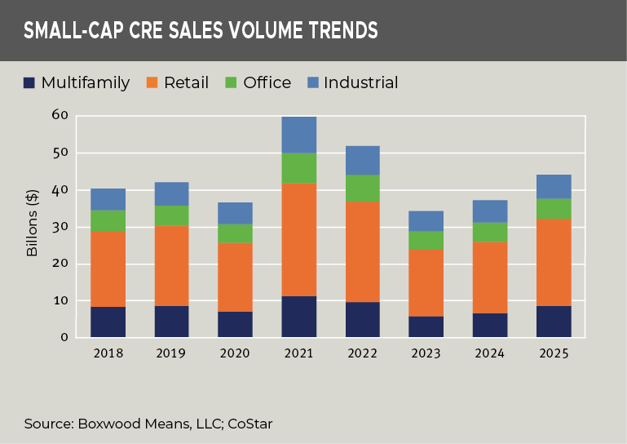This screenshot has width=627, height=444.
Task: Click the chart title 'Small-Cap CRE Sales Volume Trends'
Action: [x=201, y=31]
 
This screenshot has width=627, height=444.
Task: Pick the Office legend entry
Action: [x=258, y=82]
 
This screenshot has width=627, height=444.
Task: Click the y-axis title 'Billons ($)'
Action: [x=33, y=226]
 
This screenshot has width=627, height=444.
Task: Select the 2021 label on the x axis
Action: [x=298, y=353]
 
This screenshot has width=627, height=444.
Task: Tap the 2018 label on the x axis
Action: [x=108, y=353]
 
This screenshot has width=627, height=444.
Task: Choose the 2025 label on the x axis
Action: [x=554, y=353]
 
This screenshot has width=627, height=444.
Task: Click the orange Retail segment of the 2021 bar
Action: [x=298, y=240]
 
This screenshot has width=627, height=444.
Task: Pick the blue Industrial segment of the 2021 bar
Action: [x=298, y=135]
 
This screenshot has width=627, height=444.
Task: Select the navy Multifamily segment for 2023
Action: [x=426, y=327]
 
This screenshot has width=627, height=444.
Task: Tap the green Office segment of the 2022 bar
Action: [x=363, y=189]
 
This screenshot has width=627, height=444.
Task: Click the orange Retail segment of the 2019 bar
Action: [x=171, y=266]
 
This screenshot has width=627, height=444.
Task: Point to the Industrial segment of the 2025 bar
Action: [x=554, y=186]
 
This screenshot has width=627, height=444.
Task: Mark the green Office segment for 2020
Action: [x=235, y=233]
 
